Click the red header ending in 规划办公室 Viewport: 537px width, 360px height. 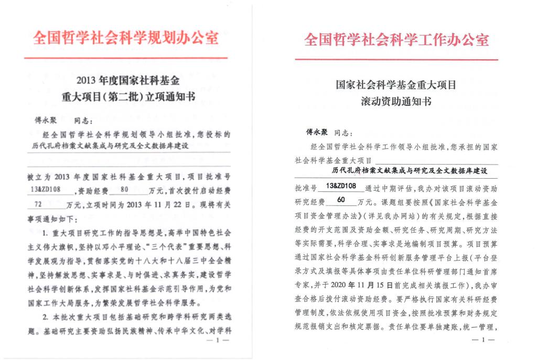pos(126,38)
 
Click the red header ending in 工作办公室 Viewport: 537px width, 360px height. pos(397,40)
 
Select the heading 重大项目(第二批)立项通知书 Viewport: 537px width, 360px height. pos(128,97)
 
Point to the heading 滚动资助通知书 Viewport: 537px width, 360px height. pos(396,101)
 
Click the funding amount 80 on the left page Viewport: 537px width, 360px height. pos(124,190)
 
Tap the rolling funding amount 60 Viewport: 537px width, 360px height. pos(341,200)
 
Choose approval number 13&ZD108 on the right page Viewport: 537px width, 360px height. pos(341,186)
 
